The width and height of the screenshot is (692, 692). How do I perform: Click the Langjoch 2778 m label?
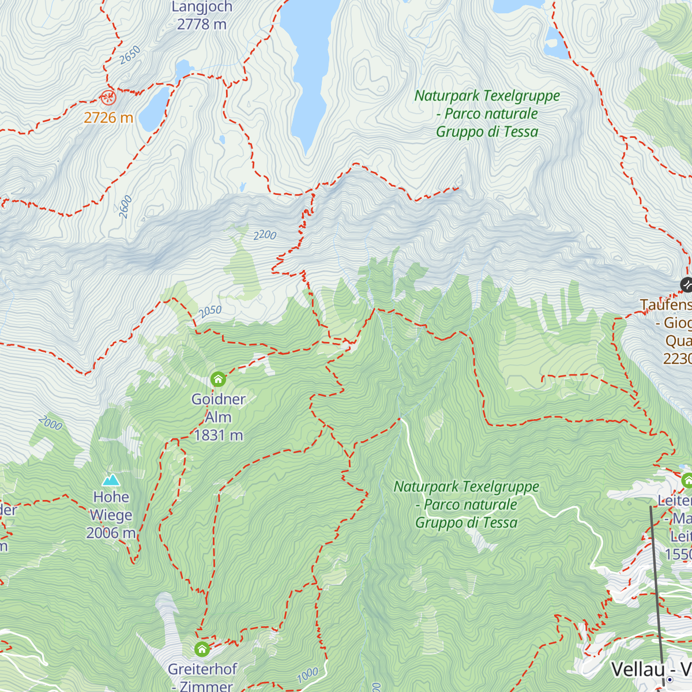pyautogui.click(x=202, y=16)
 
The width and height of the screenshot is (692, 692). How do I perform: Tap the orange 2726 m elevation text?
pyautogui.click(x=108, y=118)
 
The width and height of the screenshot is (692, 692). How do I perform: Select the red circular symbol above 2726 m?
pyautogui.click(x=108, y=97)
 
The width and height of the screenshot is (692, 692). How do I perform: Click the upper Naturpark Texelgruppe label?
pyautogui.click(x=487, y=114)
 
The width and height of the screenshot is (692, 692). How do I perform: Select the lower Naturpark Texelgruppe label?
pyautogui.click(x=466, y=505)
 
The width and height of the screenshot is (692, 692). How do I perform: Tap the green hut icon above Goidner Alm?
pyautogui.click(x=218, y=379)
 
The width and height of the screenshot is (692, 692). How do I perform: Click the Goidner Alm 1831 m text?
pyautogui.click(x=219, y=417)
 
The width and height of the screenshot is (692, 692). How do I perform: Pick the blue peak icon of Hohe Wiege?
pyautogui.click(x=111, y=480)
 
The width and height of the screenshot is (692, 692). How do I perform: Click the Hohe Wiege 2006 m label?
pyautogui.click(x=111, y=515)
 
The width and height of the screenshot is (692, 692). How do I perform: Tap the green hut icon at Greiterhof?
pyautogui.click(x=202, y=649)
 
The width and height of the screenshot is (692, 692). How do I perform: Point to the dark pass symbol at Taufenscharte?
pyautogui.click(x=686, y=284)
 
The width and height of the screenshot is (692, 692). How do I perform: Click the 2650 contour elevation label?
pyautogui.click(x=130, y=55)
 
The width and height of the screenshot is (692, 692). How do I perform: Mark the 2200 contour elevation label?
pyautogui.click(x=265, y=235)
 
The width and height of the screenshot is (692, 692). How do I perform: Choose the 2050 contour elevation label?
pyautogui.click(x=210, y=311)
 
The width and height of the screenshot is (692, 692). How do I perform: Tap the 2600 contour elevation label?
pyautogui.click(x=126, y=207)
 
